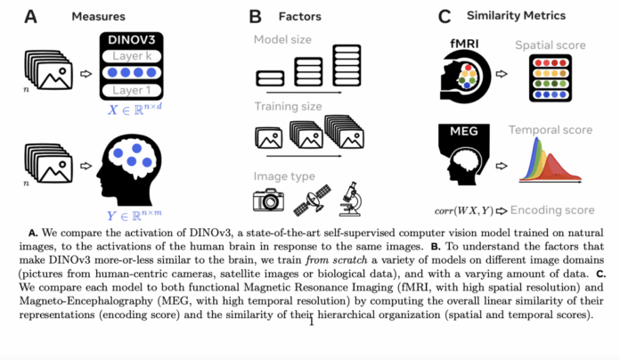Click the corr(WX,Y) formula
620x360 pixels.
[462, 210]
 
